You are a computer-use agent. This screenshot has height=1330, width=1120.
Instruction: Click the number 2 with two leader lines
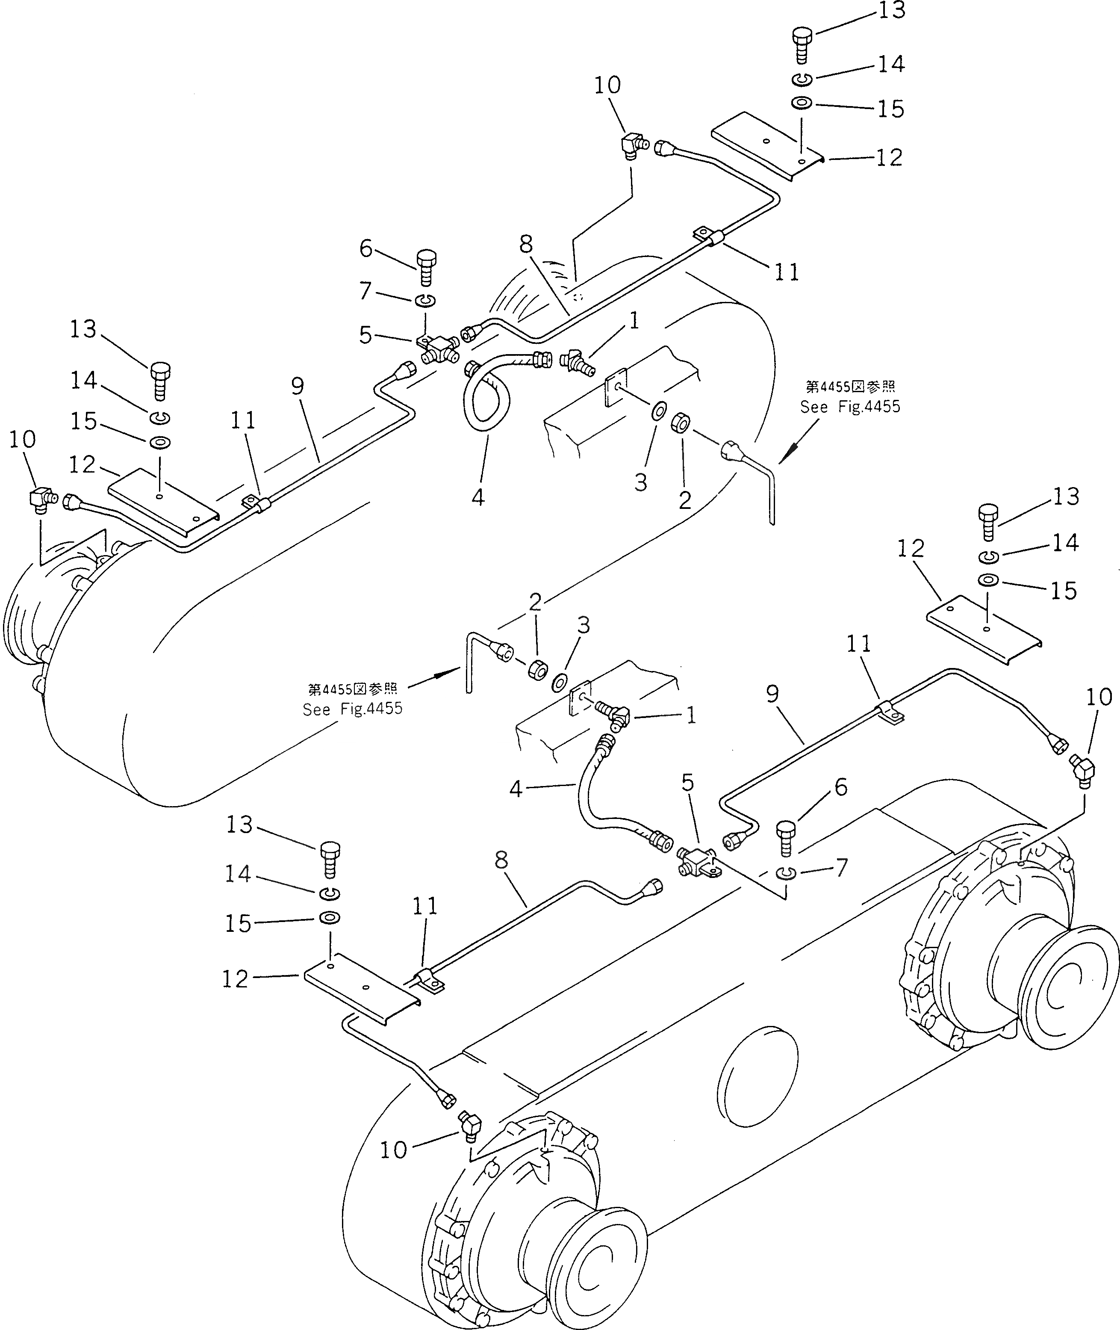pyautogui.click(x=535, y=602)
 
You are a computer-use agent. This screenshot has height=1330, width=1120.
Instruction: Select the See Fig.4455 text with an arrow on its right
pyautogui.click(x=352, y=709)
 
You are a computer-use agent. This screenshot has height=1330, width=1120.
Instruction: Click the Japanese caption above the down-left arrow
pyautogui.click(x=850, y=387)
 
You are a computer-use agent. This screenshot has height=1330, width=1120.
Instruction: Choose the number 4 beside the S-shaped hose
pyautogui.click(x=516, y=789)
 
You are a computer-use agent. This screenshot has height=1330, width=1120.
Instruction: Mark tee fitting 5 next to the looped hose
pyautogui.click(x=439, y=348)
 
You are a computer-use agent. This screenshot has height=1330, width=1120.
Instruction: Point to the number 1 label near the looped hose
pyautogui.click(x=633, y=322)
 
